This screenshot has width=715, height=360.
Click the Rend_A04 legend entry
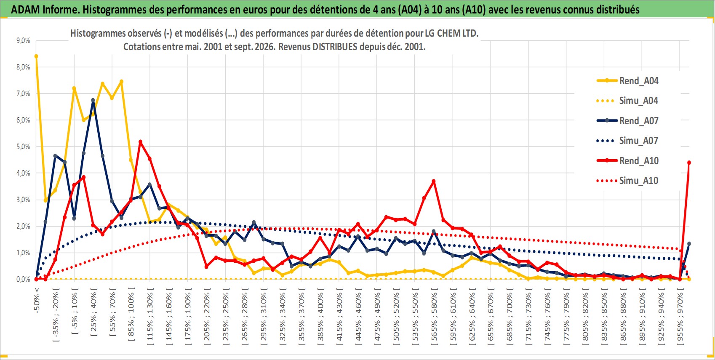point(627,81)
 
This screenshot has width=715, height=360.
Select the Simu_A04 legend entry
point(627,101)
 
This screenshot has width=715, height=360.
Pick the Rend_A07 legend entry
point(627,121)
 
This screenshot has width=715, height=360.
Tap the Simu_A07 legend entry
point(627,141)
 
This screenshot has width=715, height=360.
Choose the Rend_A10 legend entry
point(627,160)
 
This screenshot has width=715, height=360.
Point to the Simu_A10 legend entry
point(627,181)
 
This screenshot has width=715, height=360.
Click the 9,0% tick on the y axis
point(23,40)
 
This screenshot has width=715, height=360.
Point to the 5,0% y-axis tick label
point(23,147)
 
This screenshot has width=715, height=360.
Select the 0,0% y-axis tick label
point(23,279)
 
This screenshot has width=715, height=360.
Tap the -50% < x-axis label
point(36,300)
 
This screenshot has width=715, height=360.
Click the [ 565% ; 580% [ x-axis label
point(434,316)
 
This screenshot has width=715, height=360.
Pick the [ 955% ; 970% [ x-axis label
point(680,316)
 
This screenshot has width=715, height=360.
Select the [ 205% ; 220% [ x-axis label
point(207,316)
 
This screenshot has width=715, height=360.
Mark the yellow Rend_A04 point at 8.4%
point(36,56)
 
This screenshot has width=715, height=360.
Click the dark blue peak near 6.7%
point(93,100)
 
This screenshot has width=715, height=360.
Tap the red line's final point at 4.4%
point(689,163)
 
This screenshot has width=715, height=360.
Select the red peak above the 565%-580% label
point(433,181)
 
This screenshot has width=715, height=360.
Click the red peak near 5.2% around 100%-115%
point(141,142)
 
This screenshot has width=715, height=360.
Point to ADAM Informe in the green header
point(45,10)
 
